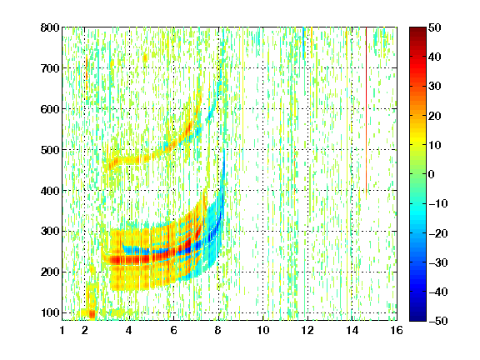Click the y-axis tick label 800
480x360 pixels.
pyautogui.click(x=50, y=27)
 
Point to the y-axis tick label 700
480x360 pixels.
pyautogui.click(x=50, y=68)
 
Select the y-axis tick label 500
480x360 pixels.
pyautogui.click(x=50, y=150)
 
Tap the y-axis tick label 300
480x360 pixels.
pyautogui.click(x=50, y=232)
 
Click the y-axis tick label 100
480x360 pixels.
pyautogui.click(x=50, y=312)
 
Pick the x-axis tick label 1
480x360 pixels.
pyautogui.click(x=62, y=330)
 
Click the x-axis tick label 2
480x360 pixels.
pyautogui.click(x=85, y=330)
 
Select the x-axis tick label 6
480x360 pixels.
pyautogui.click(x=174, y=330)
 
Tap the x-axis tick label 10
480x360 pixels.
pyautogui.click(x=263, y=330)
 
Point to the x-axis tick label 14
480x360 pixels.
pyautogui.click(x=352, y=330)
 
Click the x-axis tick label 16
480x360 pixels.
pyautogui.click(x=397, y=330)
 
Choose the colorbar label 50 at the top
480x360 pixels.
pyautogui.click(x=435, y=27)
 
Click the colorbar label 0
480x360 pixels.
pyautogui.click(x=432, y=174)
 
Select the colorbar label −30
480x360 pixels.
pyautogui.click(x=438, y=262)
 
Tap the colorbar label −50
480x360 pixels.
pyautogui.click(x=438, y=321)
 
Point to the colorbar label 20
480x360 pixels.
pyautogui.click(x=435, y=116)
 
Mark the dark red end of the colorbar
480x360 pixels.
pyautogui.click(x=417, y=30)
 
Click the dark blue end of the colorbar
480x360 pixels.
pyautogui.click(x=417, y=317)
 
